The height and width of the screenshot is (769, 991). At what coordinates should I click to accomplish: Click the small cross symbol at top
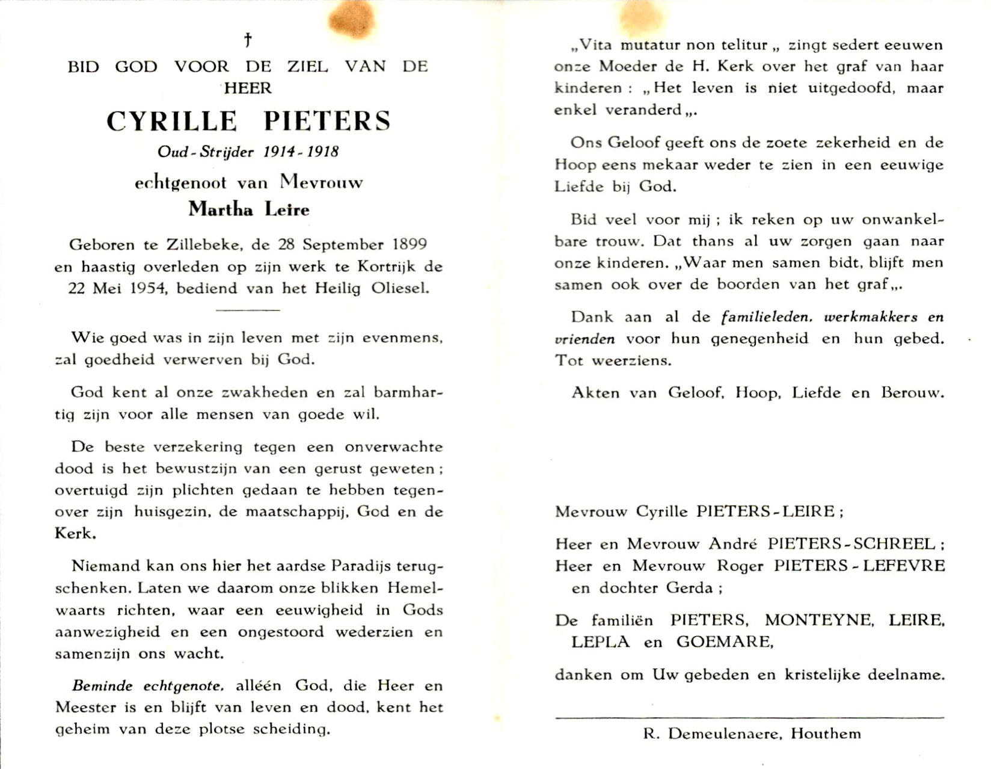(248, 40)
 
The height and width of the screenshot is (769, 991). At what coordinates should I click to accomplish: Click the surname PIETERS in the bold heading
(327, 121)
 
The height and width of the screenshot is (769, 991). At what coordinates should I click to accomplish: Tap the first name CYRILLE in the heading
(172, 121)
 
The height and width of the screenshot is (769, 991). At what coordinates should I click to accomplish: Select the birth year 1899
(410, 244)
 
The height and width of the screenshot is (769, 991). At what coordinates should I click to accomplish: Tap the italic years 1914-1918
(301, 151)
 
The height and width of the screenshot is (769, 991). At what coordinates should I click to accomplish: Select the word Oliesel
(400, 288)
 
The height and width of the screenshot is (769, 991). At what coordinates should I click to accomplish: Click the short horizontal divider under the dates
(248, 310)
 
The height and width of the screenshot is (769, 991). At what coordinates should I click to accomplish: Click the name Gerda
(689, 588)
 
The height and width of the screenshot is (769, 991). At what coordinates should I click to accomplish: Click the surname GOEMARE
(724, 642)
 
